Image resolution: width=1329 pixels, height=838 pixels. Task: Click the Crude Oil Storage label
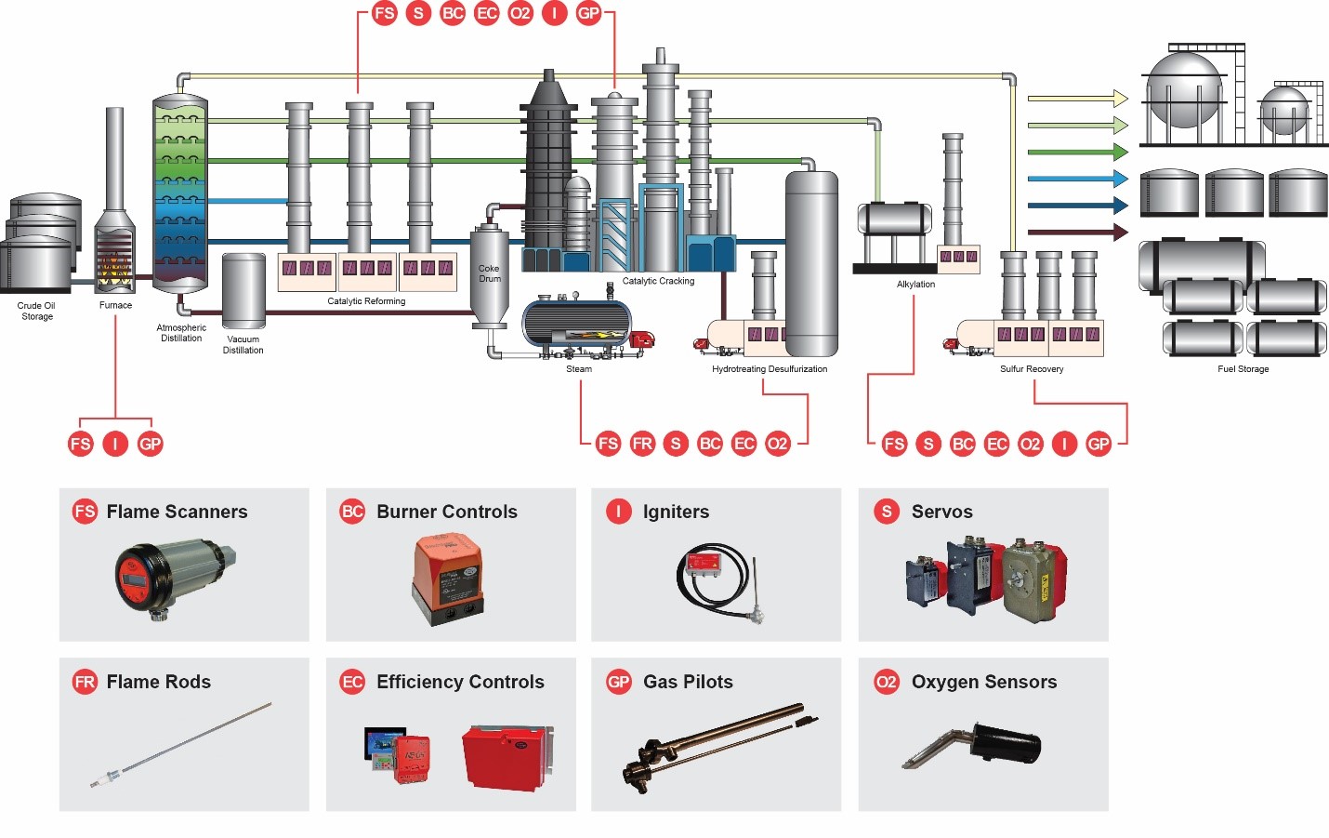click(x=36, y=311)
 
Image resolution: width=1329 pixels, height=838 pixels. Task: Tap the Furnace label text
click(x=115, y=305)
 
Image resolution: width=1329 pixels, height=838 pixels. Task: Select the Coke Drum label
click(x=489, y=273)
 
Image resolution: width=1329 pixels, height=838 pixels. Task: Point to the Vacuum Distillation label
click(x=243, y=344)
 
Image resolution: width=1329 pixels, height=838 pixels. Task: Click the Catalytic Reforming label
click(x=366, y=301)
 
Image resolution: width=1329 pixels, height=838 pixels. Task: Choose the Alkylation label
click(x=915, y=285)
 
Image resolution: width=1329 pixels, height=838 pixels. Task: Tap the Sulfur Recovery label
click(x=1032, y=369)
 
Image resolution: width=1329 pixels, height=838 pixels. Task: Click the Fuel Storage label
click(x=1243, y=369)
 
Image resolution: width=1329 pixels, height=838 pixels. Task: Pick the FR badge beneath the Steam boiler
click(x=642, y=444)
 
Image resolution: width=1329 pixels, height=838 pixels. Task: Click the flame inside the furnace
click(x=114, y=267)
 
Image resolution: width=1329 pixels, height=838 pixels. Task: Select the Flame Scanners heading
click(x=177, y=512)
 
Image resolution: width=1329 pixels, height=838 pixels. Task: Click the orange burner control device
click(x=448, y=577)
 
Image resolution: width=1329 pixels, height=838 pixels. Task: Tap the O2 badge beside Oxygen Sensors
click(x=887, y=682)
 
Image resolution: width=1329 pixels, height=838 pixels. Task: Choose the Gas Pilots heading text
click(x=688, y=682)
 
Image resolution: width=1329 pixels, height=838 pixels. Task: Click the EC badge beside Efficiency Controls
click(x=352, y=682)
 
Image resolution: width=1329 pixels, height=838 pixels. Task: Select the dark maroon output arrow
click(x=1077, y=233)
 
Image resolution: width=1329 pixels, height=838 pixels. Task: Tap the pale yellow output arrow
click(x=1077, y=98)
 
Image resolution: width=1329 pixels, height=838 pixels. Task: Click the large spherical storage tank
click(x=1184, y=90)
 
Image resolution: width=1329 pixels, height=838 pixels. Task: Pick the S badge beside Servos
click(x=887, y=512)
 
